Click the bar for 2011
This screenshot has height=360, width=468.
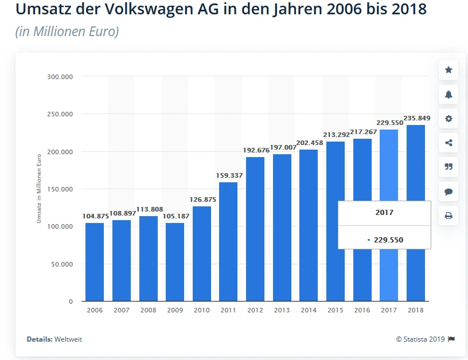228,241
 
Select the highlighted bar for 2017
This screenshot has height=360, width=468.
389,172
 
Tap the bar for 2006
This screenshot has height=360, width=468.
95,262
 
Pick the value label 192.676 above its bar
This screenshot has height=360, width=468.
255,150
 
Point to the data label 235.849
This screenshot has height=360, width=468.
415,119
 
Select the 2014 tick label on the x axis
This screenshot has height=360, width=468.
309,310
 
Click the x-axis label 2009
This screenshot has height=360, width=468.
175,310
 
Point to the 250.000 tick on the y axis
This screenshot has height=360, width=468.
60,114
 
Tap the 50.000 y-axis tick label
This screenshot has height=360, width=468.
61,264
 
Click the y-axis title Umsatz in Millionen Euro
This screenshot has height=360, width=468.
40,189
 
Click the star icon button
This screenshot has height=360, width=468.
448,70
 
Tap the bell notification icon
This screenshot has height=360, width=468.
448,95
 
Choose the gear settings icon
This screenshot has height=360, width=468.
448,119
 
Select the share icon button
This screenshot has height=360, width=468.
448,143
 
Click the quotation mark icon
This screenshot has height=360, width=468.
448,167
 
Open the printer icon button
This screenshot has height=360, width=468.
448,216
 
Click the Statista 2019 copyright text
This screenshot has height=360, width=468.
421,339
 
